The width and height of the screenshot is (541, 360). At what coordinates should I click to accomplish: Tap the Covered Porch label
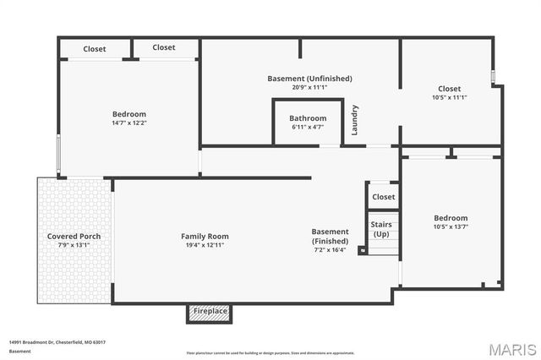[x=73, y=236]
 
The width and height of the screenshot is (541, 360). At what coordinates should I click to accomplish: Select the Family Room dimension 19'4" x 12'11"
[x=205, y=246]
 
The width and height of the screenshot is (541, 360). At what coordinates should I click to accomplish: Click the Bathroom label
[x=308, y=118]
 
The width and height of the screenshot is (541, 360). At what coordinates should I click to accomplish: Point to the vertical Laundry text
[x=356, y=119]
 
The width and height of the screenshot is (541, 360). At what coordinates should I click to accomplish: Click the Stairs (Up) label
[x=383, y=229]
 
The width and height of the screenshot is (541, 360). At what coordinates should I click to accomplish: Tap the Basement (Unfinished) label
[x=309, y=79]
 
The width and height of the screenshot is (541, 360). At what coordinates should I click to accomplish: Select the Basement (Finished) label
[x=330, y=236]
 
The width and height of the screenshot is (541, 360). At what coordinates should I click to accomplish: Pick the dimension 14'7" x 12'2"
[x=129, y=123]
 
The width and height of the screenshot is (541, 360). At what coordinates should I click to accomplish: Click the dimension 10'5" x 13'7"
[x=450, y=227]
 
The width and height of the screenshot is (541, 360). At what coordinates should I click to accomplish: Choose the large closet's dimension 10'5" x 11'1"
[x=449, y=97]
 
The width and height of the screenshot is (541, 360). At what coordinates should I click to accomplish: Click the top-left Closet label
[x=95, y=49]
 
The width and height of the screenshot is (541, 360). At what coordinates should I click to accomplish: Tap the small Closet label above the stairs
[x=383, y=197]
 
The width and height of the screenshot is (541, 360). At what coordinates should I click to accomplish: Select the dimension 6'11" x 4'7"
[x=308, y=128]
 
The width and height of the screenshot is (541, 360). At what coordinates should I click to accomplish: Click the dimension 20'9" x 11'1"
[x=309, y=87]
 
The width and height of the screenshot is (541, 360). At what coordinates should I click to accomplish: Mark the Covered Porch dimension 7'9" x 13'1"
[x=73, y=246]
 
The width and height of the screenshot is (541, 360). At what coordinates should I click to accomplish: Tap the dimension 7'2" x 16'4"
[x=330, y=250]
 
